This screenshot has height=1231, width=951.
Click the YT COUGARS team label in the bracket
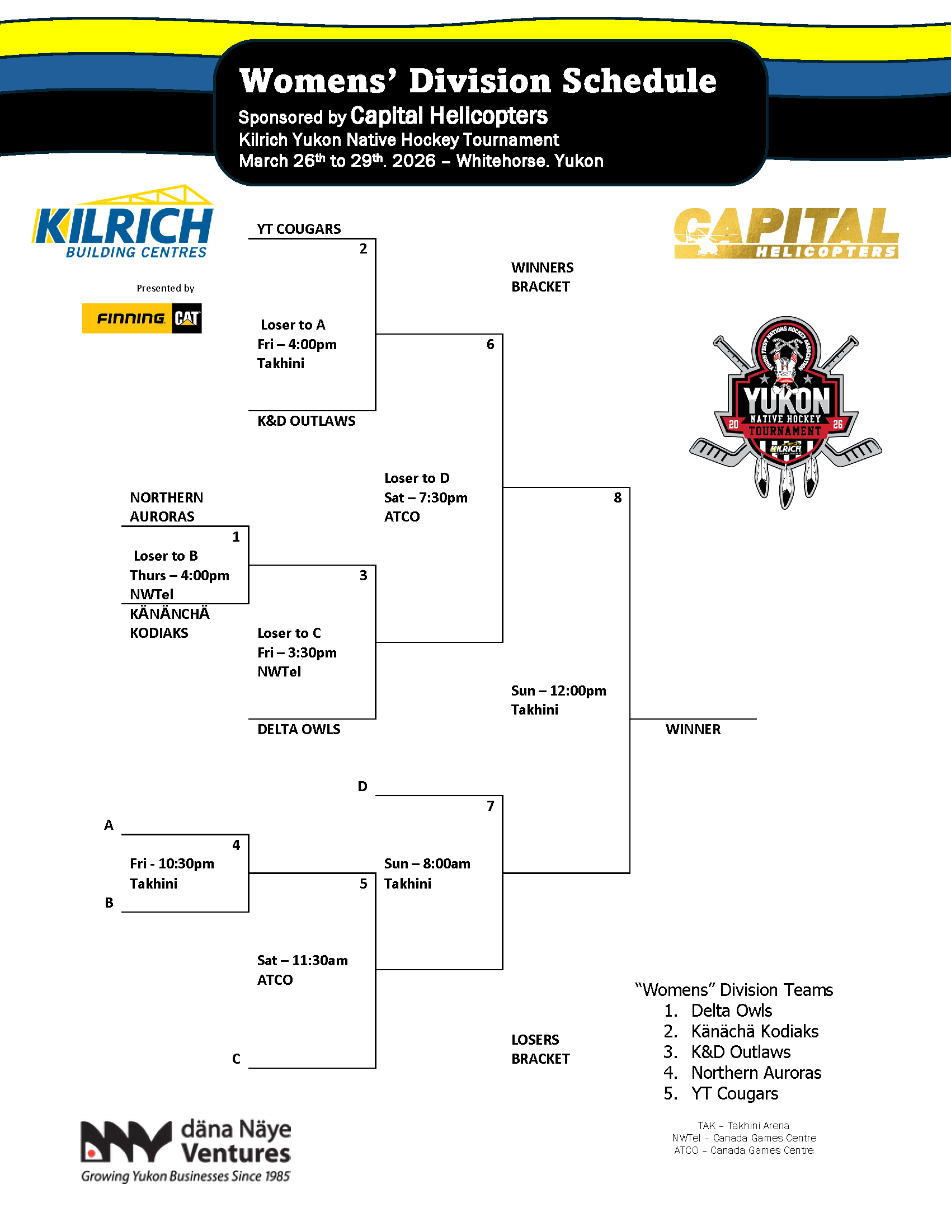point(299,229)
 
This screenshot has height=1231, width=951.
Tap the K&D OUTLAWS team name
point(306,421)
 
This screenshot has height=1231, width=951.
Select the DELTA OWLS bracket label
point(299,729)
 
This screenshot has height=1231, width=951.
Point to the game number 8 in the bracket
point(618,497)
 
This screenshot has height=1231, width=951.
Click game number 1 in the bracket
point(236,537)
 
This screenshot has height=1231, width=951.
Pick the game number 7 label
point(490,806)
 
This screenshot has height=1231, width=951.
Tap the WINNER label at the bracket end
point(693,729)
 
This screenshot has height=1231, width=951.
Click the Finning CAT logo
point(142,318)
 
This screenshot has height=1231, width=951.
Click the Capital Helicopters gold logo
point(785,233)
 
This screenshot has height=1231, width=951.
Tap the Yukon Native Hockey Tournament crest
point(785,411)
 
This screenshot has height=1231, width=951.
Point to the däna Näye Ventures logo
point(185,1150)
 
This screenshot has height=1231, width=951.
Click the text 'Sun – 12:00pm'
point(558,690)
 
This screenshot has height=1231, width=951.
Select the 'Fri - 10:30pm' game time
point(172,863)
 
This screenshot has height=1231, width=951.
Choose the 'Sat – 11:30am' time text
point(303,960)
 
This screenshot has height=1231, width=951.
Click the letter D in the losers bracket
point(362,786)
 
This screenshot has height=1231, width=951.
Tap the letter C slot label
point(236,1059)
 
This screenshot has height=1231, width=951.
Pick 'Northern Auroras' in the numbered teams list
point(756,1073)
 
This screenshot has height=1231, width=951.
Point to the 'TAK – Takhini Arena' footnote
point(743,1126)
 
